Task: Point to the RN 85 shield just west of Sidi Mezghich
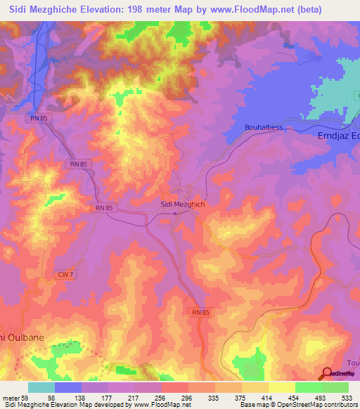(103, 209)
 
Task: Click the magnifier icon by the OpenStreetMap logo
(326, 374)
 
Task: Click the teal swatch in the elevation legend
(41, 387)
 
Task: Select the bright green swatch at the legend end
(335, 387)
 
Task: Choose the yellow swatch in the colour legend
(255, 387)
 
